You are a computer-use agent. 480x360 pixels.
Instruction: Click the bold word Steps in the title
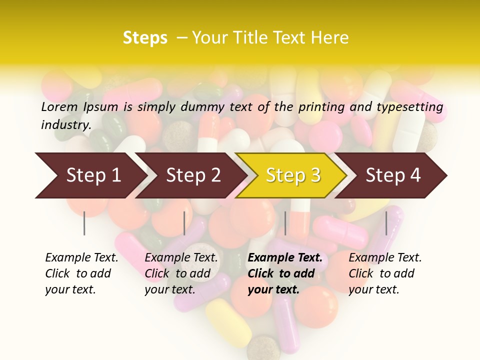point(145,37)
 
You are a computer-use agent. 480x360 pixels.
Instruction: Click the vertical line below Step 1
point(84,223)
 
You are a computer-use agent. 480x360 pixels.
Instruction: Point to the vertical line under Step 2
point(184,223)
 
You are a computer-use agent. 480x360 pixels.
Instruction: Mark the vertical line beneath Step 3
point(285,223)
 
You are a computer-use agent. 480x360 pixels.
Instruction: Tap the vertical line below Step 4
point(386,223)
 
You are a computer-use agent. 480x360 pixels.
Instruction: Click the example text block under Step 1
point(81,273)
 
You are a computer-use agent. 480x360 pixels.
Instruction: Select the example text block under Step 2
point(181,273)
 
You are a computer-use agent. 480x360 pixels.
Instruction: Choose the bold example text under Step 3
point(285,273)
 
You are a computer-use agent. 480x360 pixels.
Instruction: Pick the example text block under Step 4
point(385,273)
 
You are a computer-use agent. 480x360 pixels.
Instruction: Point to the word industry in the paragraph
point(66,125)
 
